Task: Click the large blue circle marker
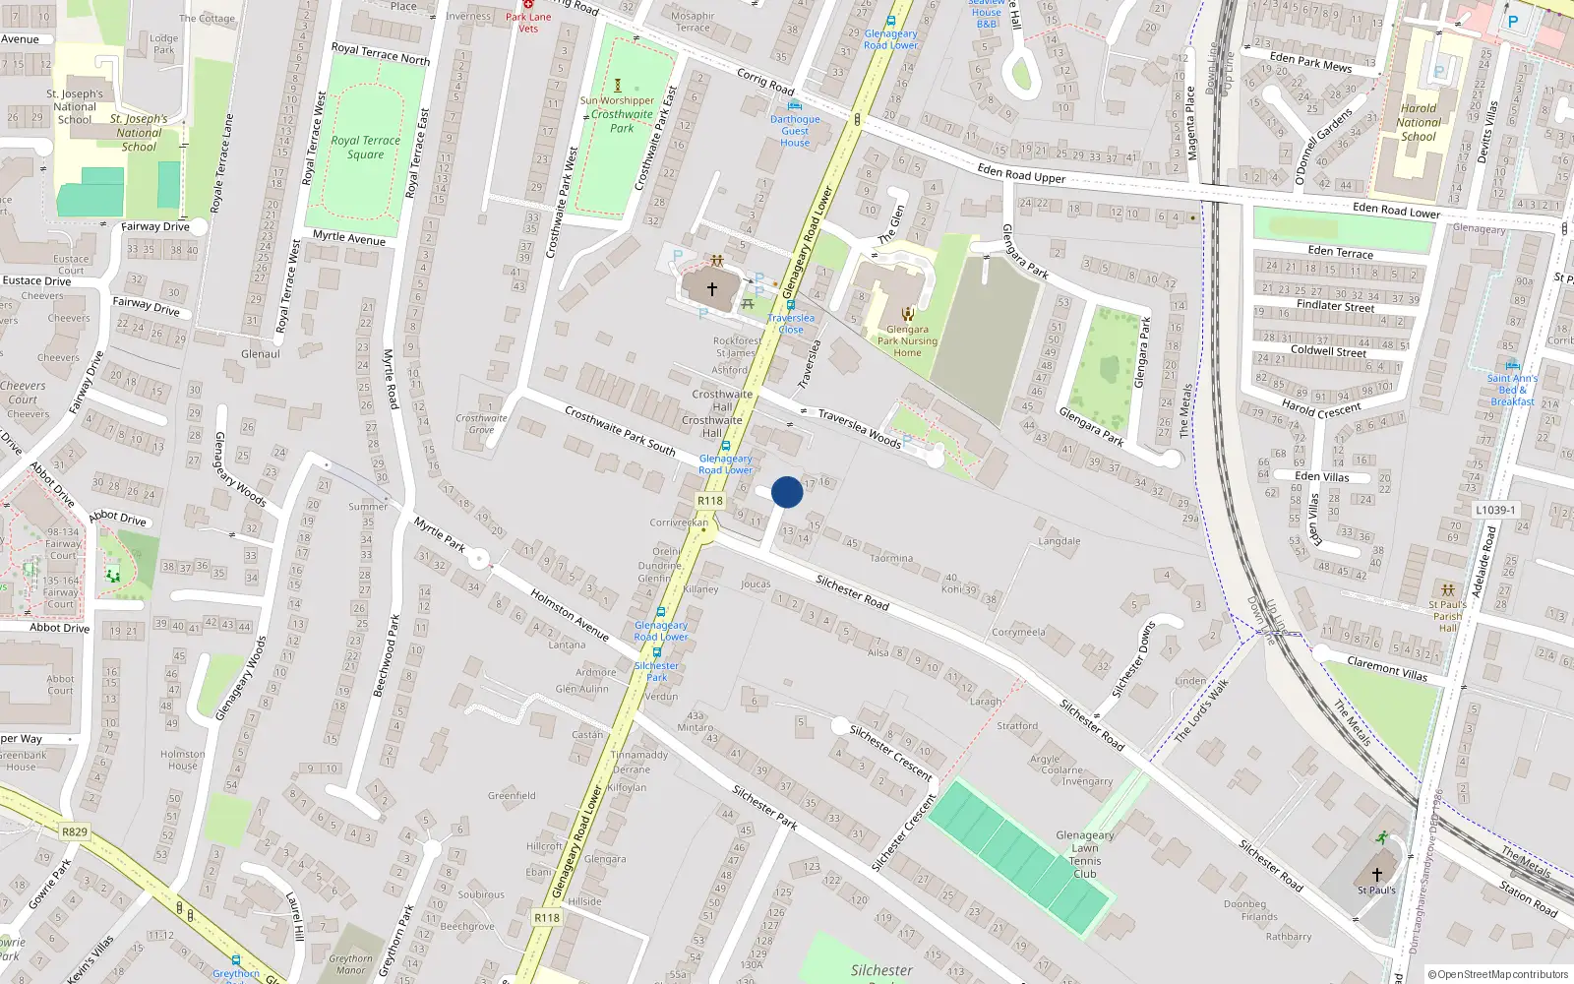click(x=787, y=492)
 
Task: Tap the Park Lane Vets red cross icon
click(x=528, y=5)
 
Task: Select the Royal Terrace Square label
click(x=365, y=147)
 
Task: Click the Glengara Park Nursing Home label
click(x=907, y=340)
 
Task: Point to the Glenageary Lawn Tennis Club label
click(x=1084, y=854)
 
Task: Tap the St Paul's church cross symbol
click(x=1376, y=874)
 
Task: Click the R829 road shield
click(x=75, y=831)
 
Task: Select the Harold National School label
click(x=1418, y=123)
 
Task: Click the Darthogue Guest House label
click(x=795, y=131)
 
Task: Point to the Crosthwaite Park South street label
click(x=620, y=431)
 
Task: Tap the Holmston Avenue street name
click(x=569, y=614)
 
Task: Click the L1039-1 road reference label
click(x=1495, y=510)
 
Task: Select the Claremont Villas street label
click(x=1387, y=668)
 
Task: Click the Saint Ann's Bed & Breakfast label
click(x=1512, y=390)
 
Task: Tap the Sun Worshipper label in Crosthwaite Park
click(x=617, y=100)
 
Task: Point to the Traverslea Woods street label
click(x=859, y=428)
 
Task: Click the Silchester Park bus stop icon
click(x=656, y=651)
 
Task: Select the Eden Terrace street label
click(x=1340, y=252)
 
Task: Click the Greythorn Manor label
click(x=350, y=964)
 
